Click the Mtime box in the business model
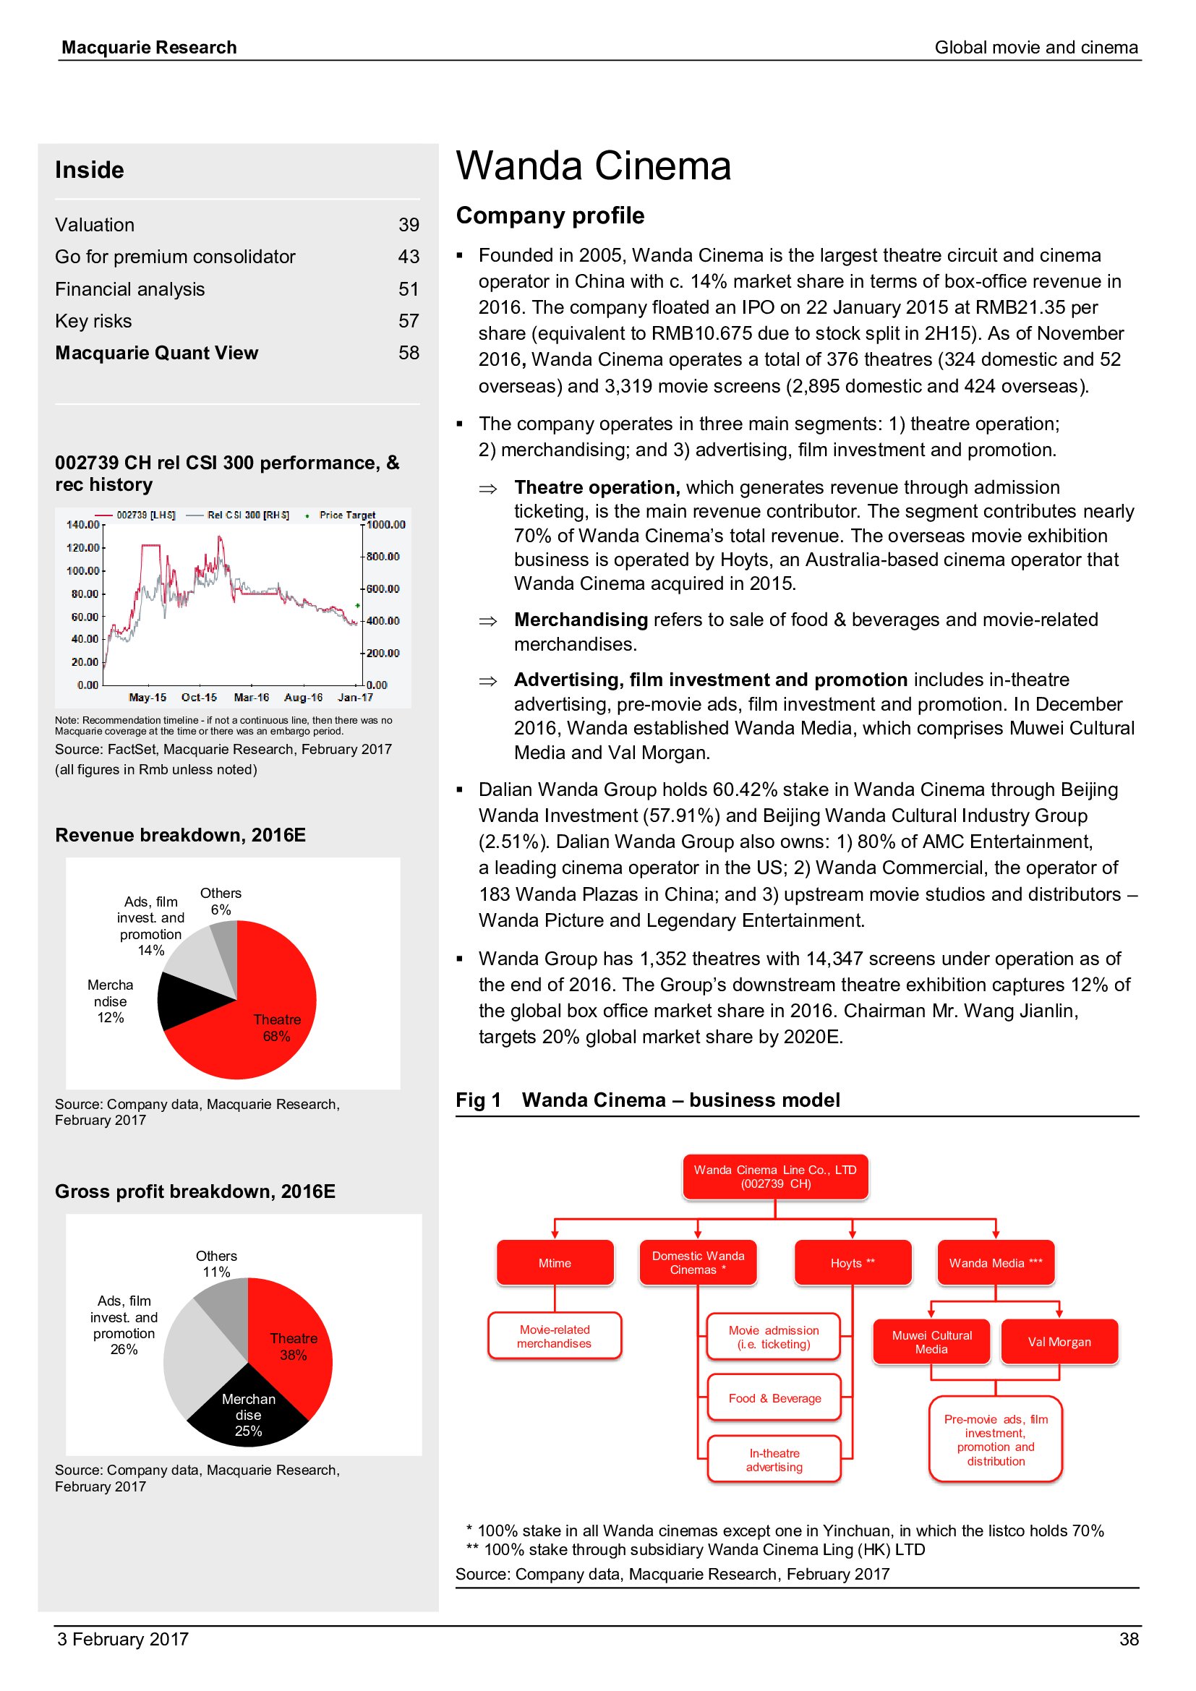[x=555, y=1262]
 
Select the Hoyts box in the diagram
[x=852, y=1262]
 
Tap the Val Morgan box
[x=1059, y=1341]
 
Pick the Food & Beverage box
[x=774, y=1398]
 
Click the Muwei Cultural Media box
[x=931, y=1341]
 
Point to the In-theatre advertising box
[x=774, y=1459]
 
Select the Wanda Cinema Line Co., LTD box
[x=774, y=1176]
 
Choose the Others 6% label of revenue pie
[x=221, y=901]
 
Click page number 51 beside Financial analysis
[x=409, y=288]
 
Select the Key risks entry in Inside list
[x=93, y=321]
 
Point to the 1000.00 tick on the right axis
[x=386, y=524]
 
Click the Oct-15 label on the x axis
[x=199, y=697]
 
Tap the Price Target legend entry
[x=346, y=515]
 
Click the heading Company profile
[x=550, y=215]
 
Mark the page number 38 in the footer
[x=1128, y=1639]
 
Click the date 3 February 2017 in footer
[x=123, y=1639]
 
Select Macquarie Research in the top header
[x=149, y=47]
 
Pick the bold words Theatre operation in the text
[x=595, y=487]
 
